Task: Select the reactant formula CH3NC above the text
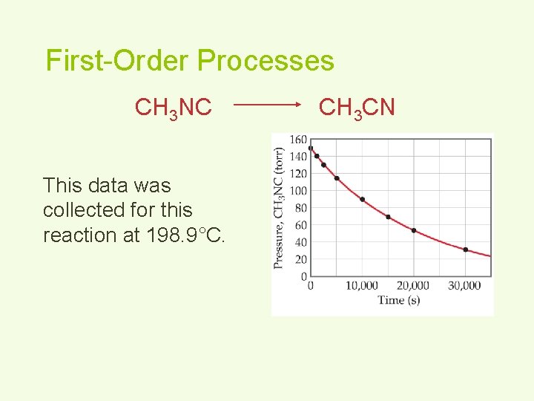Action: point(174,108)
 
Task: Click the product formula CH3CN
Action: point(357,108)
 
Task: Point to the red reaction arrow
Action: point(267,106)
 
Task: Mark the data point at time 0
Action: point(310,148)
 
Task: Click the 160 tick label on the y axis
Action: point(297,140)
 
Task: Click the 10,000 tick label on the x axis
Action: point(362,286)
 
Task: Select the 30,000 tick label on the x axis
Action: point(464,286)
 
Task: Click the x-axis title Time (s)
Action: point(398,300)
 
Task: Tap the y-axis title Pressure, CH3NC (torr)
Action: point(279,207)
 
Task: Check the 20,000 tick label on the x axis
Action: point(413,286)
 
